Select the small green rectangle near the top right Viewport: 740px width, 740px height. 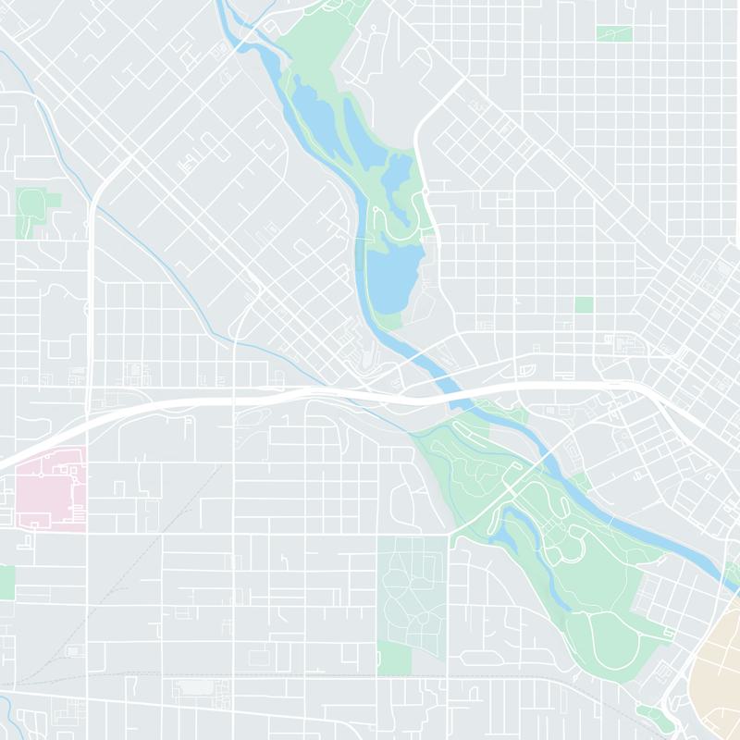[614, 33]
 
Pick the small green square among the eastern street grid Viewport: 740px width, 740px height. [584, 304]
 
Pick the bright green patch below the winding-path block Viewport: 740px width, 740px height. [394, 659]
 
